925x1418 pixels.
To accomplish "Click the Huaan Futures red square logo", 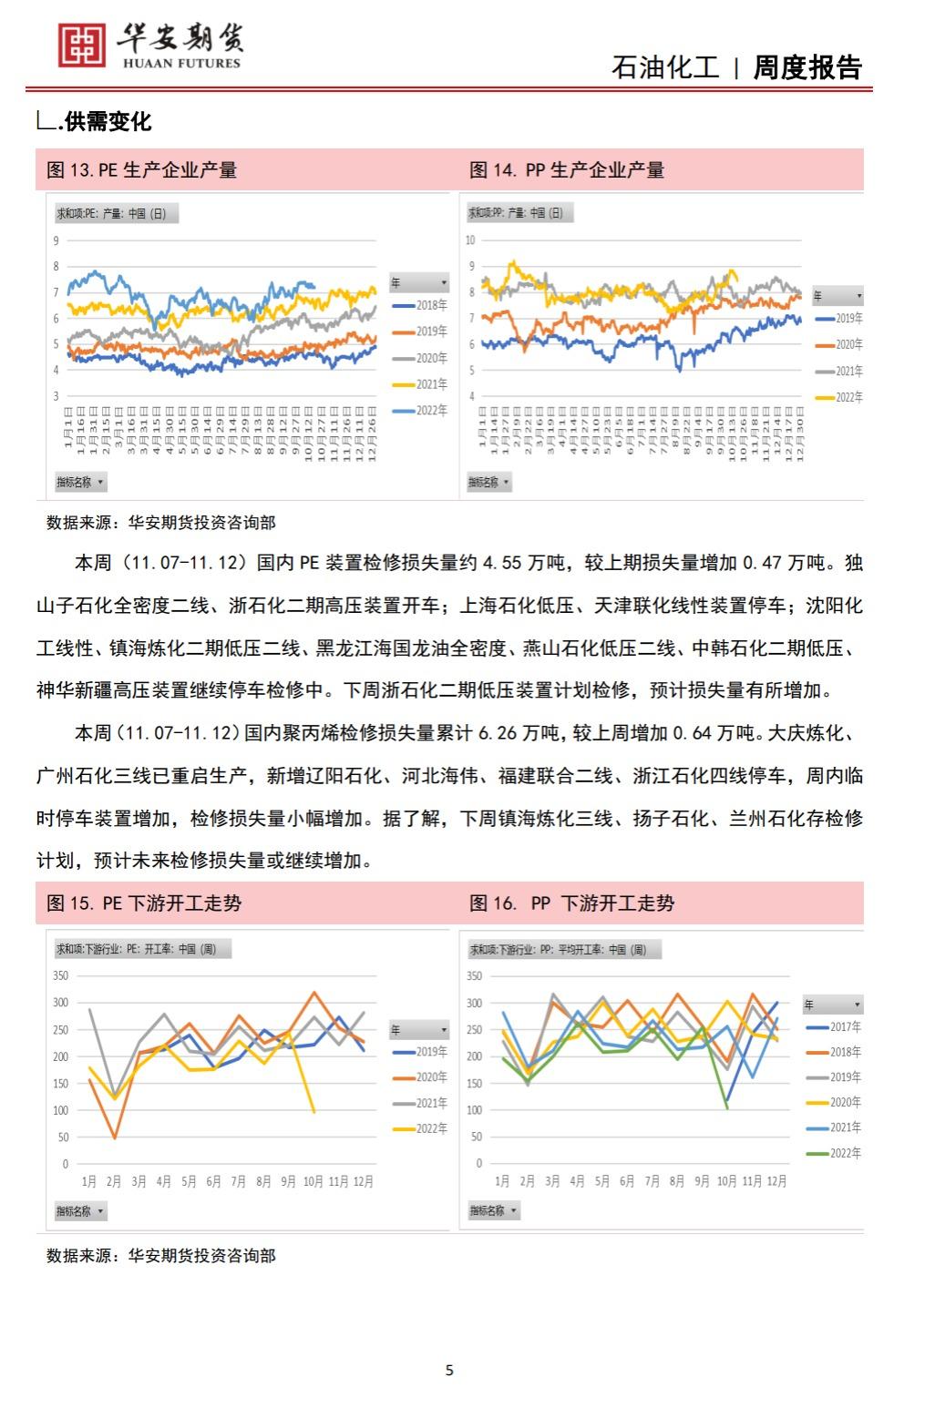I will click(81, 44).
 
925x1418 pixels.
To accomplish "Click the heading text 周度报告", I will click(807, 67).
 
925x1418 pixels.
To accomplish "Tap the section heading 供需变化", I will click(108, 121).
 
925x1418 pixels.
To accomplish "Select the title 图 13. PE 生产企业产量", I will click(141, 170).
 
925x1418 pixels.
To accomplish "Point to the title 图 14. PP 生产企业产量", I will click(566, 170).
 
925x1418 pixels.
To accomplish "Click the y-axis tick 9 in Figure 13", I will click(56, 240).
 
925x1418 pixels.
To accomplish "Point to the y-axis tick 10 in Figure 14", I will click(470, 240).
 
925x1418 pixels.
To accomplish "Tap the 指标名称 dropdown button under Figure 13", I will click(81, 482).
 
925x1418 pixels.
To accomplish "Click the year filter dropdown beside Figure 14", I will click(837, 296).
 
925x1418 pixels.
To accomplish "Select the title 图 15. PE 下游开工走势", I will click(144, 903).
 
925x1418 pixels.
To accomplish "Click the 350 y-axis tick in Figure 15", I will click(60, 975).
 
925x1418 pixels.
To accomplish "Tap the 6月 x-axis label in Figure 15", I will click(213, 1181).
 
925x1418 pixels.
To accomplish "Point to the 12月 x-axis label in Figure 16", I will click(776, 1181).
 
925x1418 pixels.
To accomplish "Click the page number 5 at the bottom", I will click(448, 1370).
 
